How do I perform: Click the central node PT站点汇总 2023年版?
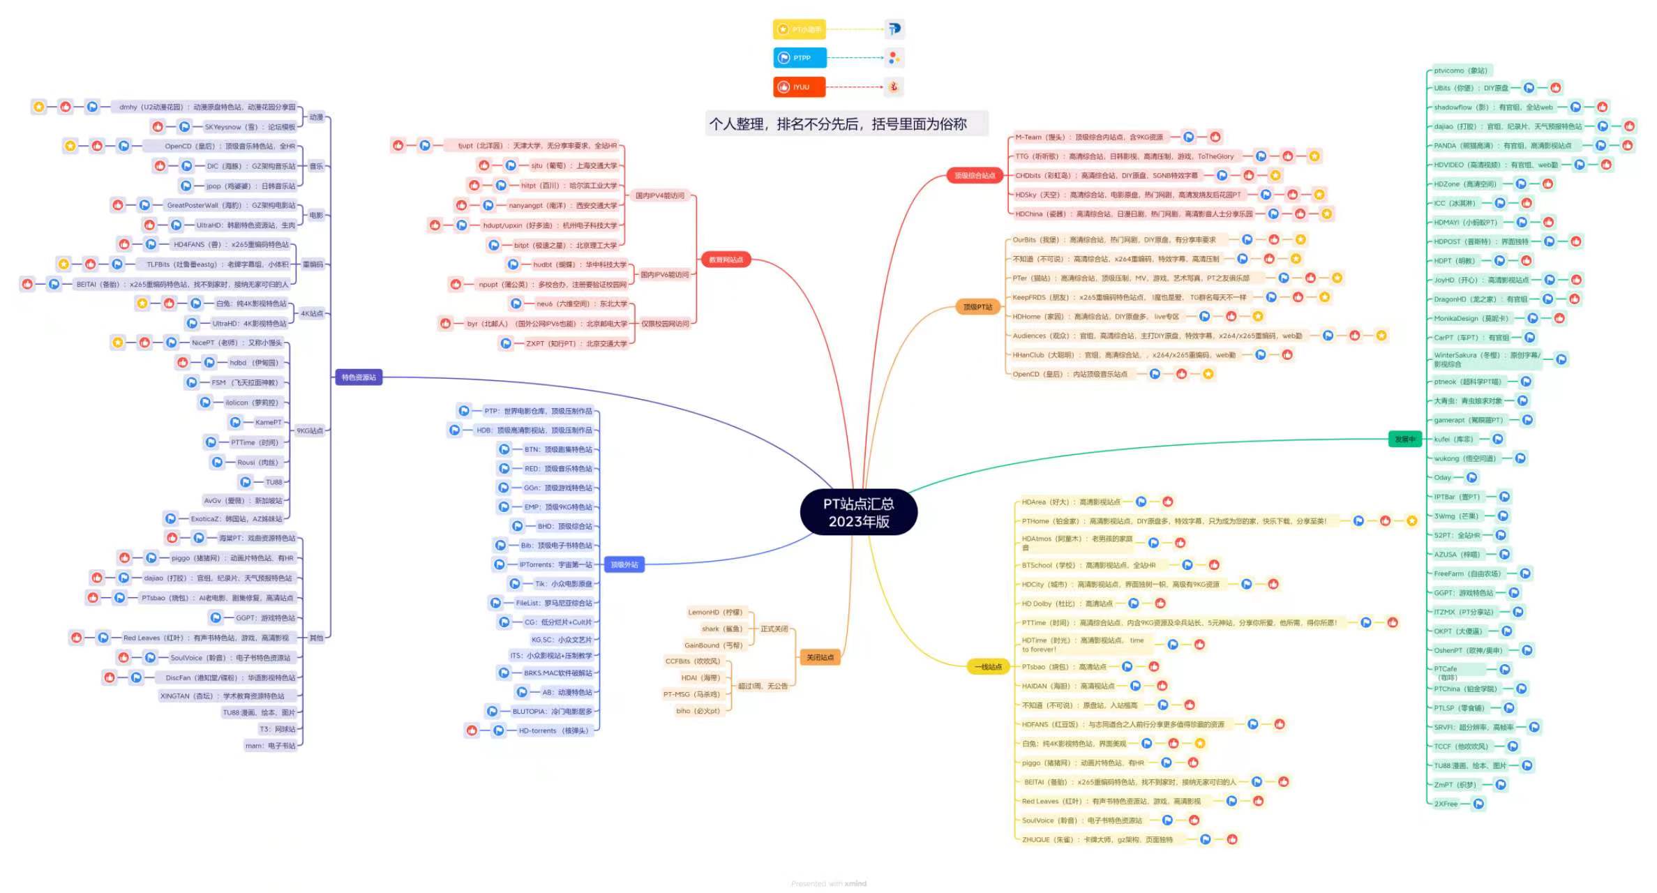click(858, 512)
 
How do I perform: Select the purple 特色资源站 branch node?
click(359, 377)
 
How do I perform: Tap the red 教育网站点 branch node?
click(726, 260)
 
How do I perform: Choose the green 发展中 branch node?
click(1404, 439)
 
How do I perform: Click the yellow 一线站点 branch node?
click(988, 667)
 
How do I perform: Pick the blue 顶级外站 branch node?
click(624, 564)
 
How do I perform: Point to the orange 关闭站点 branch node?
click(820, 657)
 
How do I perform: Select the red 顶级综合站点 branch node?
click(975, 175)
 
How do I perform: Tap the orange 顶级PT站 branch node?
click(977, 307)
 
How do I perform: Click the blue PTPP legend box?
click(800, 58)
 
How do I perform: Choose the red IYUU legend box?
click(800, 87)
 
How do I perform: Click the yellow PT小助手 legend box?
click(800, 29)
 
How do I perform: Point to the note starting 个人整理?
click(838, 124)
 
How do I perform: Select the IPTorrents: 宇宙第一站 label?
click(555, 564)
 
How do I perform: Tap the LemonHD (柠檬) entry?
click(715, 613)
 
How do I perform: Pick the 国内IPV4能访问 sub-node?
click(659, 195)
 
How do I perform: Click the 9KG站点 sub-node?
click(310, 430)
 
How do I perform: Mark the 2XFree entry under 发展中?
click(1446, 804)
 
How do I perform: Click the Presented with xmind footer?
click(829, 883)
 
